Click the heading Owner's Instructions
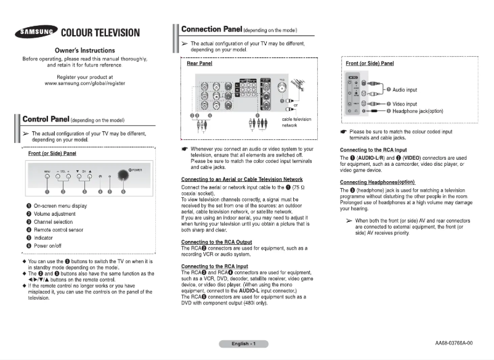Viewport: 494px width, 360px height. (x=84, y=50)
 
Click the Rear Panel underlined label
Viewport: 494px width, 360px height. (x=199, y=63)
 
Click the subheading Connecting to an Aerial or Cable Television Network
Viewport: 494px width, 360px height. (x=241, y=179)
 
